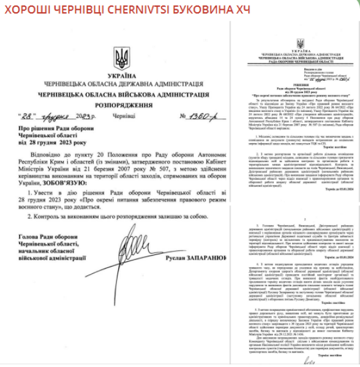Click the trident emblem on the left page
click(122, 57)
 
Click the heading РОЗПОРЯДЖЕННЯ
click(121, 105)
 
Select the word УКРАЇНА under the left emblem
click(122, 73)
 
